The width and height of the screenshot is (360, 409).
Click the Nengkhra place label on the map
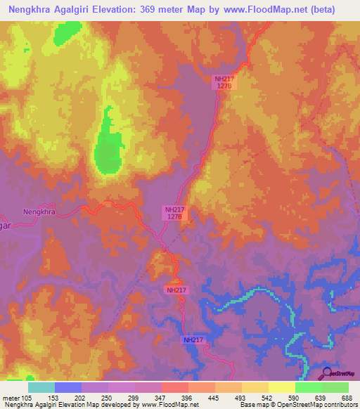(39, 211)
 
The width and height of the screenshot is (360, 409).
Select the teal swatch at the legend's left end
(41, 387)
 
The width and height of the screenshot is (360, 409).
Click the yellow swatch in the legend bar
(281, 387)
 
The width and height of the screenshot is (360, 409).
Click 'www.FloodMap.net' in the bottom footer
(169, 405)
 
